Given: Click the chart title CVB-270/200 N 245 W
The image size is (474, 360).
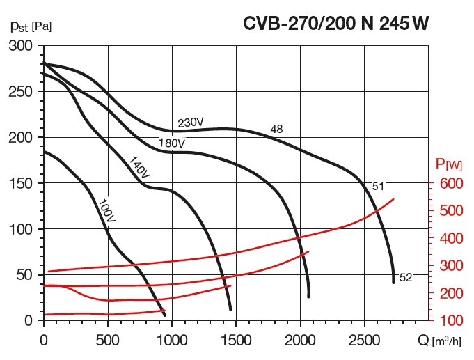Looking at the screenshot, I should (x=335, y=24).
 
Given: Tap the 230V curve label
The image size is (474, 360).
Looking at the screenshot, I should (x=190, y=123).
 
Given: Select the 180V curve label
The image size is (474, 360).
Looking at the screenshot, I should (x=171, y=143).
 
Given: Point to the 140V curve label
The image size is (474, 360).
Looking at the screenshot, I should (x=139, y=170).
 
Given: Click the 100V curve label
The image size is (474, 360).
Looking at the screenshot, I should (x=106, y=210).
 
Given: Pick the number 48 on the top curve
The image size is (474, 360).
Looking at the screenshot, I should (x=276, y=129).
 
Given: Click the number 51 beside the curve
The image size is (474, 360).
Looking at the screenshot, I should (x=378, y=186).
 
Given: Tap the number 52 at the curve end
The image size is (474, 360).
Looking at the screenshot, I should (x=406, y=277).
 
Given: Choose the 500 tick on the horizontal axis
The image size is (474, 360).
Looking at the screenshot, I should (x=108, y=340).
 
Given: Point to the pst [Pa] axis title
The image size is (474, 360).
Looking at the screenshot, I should (x=31, y=26).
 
